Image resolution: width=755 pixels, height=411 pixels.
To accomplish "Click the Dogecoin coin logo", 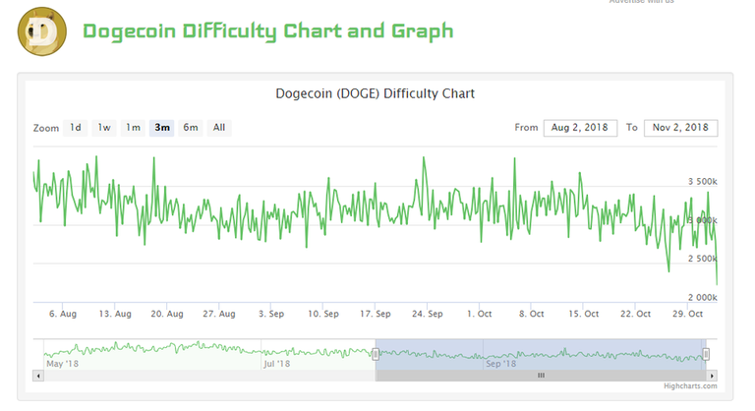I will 42,31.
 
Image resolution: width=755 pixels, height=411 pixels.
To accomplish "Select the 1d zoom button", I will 75,127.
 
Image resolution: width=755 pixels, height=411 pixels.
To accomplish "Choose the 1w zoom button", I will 104,127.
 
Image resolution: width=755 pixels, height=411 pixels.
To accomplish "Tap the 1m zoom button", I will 133,127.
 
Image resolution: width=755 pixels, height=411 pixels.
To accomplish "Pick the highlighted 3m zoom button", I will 162,127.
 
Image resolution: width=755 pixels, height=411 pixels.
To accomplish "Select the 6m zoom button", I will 191,127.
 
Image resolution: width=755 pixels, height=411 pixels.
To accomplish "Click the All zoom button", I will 219,127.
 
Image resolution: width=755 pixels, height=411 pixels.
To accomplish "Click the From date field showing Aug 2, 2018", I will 580,128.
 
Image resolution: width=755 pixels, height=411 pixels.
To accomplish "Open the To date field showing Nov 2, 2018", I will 680,128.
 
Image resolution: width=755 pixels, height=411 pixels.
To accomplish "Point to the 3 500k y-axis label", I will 702,183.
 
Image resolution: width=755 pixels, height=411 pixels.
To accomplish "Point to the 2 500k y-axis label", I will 702,259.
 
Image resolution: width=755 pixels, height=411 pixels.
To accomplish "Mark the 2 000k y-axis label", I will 702,297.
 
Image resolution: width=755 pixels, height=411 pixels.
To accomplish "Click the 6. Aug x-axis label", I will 62,315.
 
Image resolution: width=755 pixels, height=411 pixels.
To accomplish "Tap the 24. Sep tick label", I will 427,315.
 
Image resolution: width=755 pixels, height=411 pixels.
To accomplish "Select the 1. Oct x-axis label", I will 480,315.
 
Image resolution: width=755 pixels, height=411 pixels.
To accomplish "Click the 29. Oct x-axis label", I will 686,315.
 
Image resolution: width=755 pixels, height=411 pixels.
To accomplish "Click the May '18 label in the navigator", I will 62,364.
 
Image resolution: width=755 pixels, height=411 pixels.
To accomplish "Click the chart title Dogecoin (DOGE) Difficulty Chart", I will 377,94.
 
